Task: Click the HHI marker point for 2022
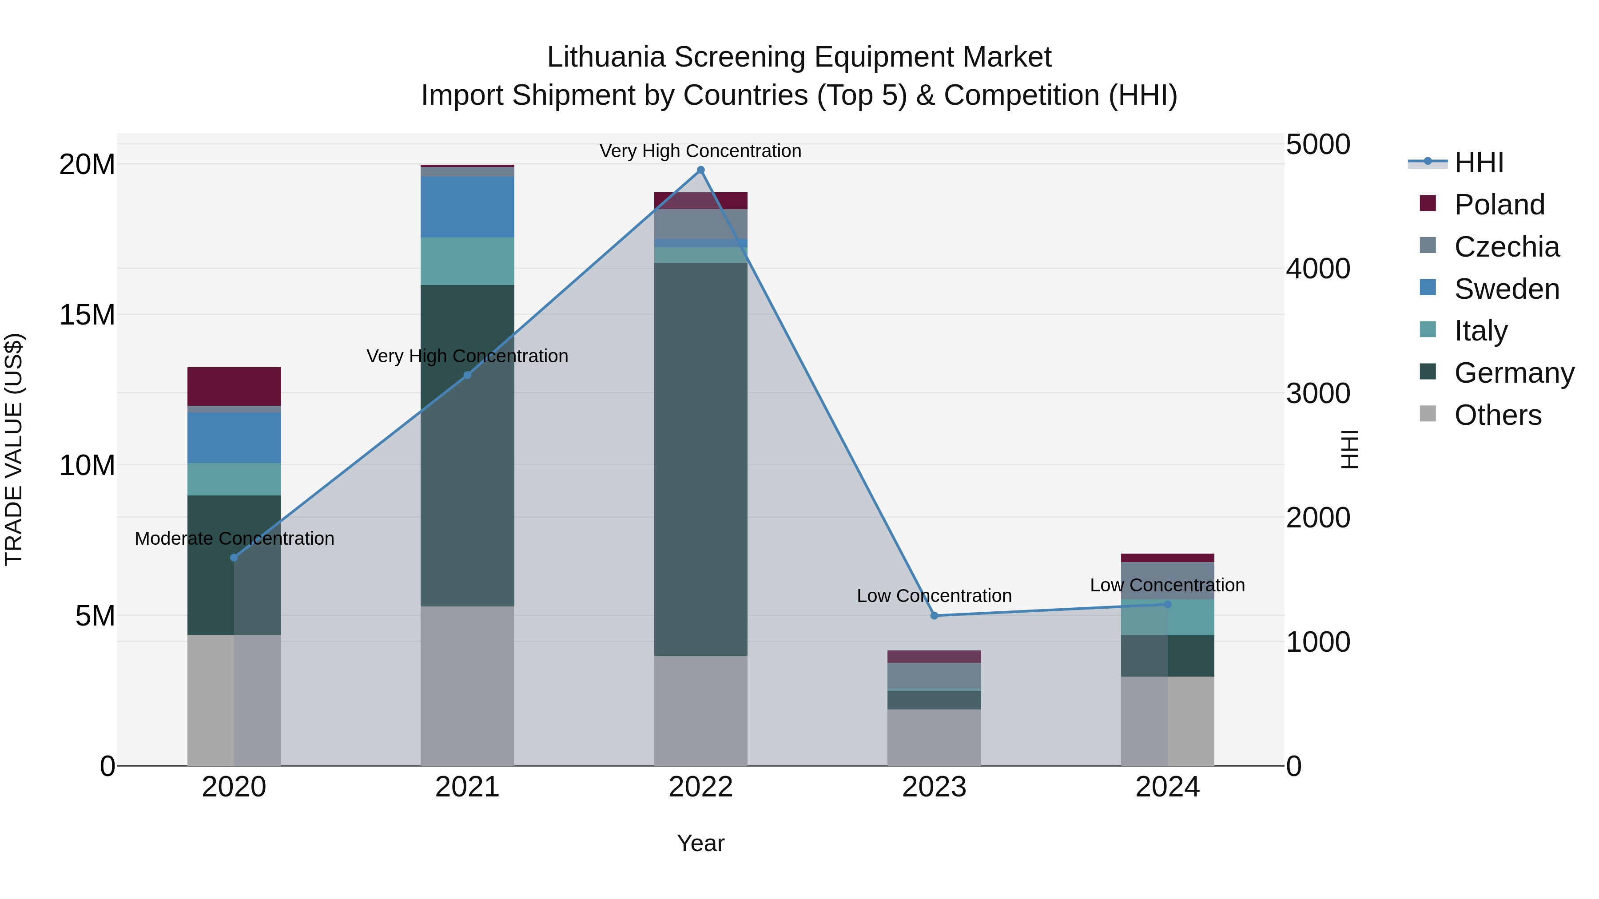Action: click(701, 170)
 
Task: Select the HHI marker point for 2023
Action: click(934, 615)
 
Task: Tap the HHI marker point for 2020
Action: click(234, 558)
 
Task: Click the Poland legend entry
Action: click(1499, 205)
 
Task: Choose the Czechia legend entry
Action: click(1506, 247)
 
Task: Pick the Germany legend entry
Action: click(1513, 373)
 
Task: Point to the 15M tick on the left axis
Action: click(87, 315)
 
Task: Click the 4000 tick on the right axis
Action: click(1317, 269)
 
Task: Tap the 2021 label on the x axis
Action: click(467, 787)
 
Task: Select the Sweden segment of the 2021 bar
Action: click(467, 206)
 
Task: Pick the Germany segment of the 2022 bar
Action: click(701, 459)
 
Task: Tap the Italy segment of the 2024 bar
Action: click(1168, 618)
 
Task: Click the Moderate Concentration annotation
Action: click(234, 539)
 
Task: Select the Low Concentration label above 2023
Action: click(934, 596)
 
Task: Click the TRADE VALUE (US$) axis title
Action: click(14, 449)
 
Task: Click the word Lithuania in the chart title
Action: click(606, 58)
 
